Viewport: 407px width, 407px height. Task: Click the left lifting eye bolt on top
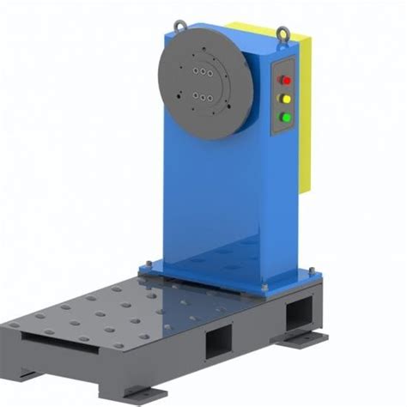(179, 26)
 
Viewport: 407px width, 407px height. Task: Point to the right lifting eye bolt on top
(281, 33)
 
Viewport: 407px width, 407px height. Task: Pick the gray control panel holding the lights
(282, 98)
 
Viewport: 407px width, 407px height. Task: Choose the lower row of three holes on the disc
(203, 97)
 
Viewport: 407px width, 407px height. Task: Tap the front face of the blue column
(210, 189)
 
